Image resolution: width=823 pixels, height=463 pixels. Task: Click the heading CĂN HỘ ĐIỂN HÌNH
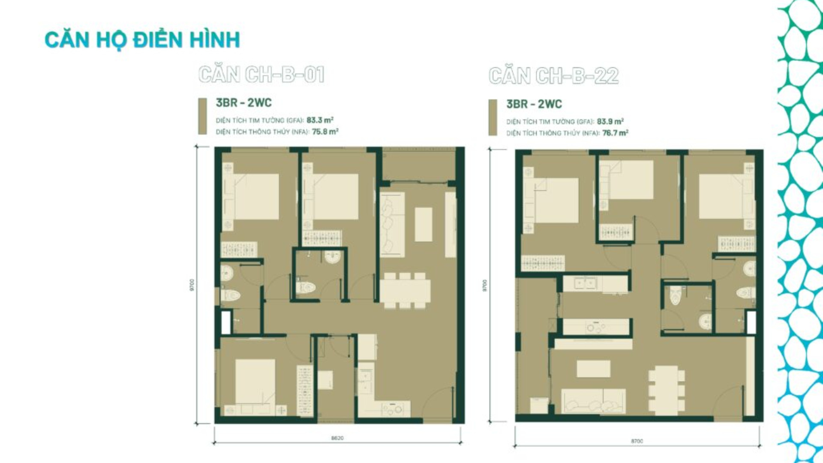(x=142, y=40)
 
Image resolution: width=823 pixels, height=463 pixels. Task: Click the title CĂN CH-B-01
(x=261, y=75)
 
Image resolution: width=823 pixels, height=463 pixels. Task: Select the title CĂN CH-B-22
(x=553, y=76)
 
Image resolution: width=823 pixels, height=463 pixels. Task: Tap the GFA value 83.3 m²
(x=320, y=120)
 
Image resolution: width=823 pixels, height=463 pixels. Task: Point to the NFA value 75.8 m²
(x=325, y=132)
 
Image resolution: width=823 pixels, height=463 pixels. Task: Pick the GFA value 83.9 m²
(x=610, y=121)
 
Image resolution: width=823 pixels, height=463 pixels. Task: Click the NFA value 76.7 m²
(x=615, y=133)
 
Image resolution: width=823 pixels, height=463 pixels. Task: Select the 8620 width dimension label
(x=337, y=438)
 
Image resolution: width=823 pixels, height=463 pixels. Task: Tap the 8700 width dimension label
(x=637, y=441)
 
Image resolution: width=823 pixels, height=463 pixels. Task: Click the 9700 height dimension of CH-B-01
(x=192, y=285)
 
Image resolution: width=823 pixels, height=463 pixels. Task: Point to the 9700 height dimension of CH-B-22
(x=485, y=286)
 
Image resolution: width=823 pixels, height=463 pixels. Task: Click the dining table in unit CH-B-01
(x=405, y=291)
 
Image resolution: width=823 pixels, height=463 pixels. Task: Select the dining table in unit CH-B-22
(x=666, y=389)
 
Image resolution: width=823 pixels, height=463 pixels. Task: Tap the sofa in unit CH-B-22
(x=594, y=401)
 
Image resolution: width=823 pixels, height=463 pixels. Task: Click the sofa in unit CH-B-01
(x=392, y=224)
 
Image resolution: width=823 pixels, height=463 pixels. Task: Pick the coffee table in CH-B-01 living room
(x=424, y=224)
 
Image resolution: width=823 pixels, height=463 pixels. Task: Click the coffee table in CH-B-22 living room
(x=593, y=369)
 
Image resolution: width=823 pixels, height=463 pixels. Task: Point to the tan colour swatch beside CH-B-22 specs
(x=493, y=117)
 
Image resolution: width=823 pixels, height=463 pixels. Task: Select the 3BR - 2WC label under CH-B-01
(x=243, y=103)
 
